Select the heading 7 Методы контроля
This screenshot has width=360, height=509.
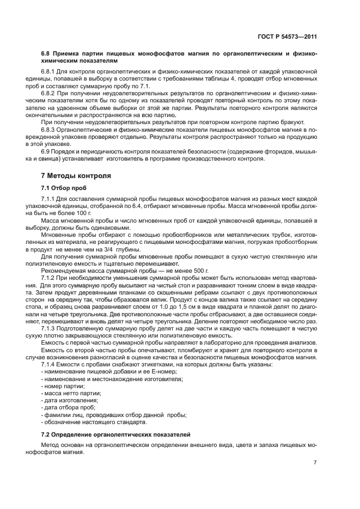tap(76, 176)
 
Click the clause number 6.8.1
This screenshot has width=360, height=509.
tap(50, 71)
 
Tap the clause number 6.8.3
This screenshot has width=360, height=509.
tap(50, 131)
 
